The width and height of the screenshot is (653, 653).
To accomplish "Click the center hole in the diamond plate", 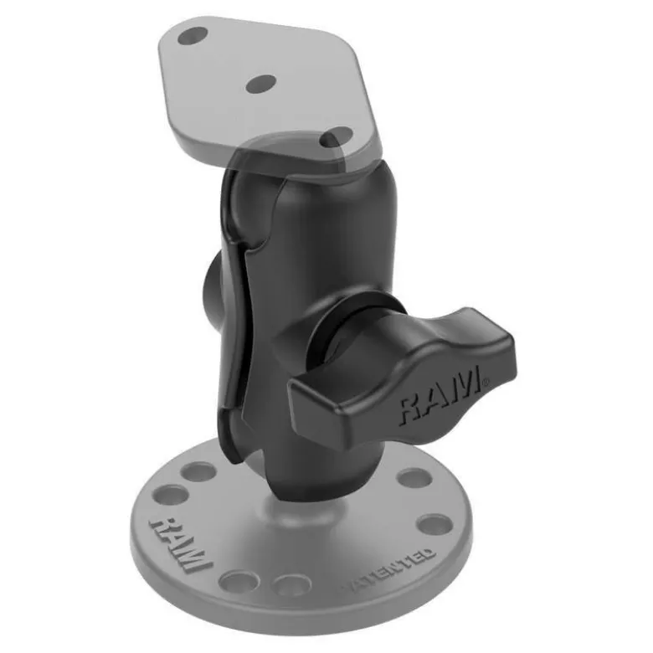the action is [x=260, y=84].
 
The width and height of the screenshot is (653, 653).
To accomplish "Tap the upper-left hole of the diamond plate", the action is [x=193, y=36].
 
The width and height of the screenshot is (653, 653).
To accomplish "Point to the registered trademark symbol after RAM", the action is [x=486, y=380].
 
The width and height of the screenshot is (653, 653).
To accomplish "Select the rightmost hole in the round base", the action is [x=434, y=525].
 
